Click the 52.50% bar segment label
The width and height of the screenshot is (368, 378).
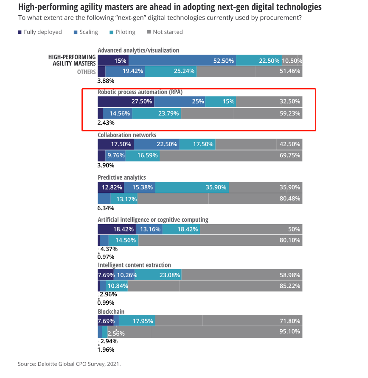click(224, 61)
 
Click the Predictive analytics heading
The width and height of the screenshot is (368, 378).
click(122, 178)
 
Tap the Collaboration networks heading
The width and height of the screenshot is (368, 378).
click(127, 135)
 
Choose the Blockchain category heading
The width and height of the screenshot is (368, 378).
click(111, 311)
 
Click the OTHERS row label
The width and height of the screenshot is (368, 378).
click(86, 72)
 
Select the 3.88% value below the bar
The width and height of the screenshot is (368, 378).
click(106, 81)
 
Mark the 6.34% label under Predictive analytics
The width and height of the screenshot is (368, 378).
click(106, 208)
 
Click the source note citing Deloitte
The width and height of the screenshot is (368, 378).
click(69, 364)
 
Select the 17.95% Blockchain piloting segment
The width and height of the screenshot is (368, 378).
click(143, 321)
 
